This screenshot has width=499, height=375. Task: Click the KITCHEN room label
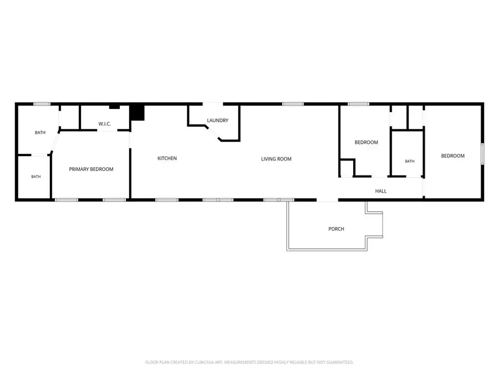[x=167, y=158]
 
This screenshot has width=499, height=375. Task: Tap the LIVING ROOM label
[x=276, y=159]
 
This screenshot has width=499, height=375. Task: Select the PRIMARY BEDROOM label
[x=91, y=169]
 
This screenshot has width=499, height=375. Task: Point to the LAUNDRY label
[x=218, y=120]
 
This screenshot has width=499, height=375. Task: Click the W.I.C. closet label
[x=104, y=124]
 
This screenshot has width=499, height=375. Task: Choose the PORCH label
[x=336, y=229]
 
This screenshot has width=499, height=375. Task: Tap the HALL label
[x=380, y=191]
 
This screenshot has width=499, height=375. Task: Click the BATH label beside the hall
[x=410, y=161]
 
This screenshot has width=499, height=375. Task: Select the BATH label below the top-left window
[x=40, y=132]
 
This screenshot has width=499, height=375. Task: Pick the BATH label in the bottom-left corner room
[x=36, y=176]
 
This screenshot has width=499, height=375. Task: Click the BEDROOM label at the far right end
[x=452, y=156]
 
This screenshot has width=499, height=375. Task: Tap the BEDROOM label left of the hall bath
[x=366, y=142]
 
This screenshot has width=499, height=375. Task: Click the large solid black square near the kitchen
[x=137, y=113]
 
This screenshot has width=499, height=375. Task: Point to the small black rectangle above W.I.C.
[x=114, y=107]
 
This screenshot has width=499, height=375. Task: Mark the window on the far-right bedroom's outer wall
[x=482, y=154]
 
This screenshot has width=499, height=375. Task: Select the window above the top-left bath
[x=42, y=104]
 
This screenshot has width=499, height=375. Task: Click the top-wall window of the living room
[x=293, y=104]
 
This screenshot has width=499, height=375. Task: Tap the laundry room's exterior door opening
[x=212, y=104]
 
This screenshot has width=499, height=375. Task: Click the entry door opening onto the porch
[x=327, y=200]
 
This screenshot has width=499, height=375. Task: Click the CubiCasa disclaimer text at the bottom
[x=249, y=362]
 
